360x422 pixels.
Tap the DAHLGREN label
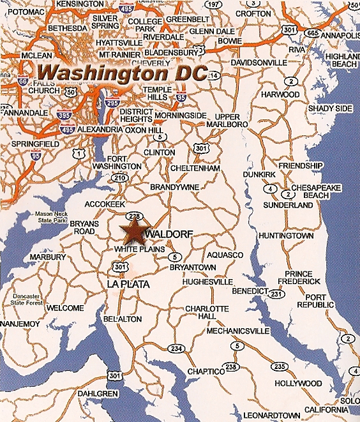tap(99, 393)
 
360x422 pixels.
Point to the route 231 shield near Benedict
tap(276, 294)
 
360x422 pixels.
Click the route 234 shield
tap(176, 348)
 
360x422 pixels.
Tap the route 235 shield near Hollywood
tap(279, 366)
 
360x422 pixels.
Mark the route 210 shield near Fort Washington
tap(119, 177)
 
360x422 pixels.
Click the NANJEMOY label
tap(20, 324)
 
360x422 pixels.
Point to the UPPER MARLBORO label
tap(223, 121)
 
